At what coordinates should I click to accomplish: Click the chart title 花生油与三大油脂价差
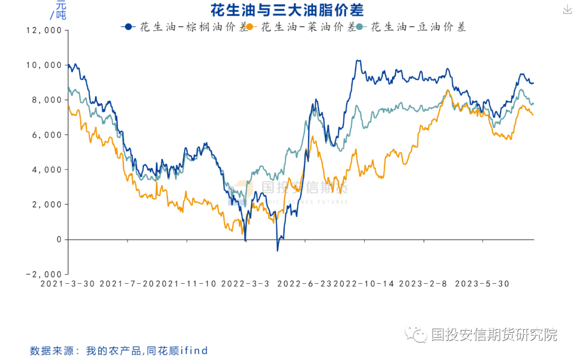[x=287, y=10]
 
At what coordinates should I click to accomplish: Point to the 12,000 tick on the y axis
[x=44, y=30]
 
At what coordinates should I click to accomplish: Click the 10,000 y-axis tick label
[x=44, y=65]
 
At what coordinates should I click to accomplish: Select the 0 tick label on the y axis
[x=59, y=239]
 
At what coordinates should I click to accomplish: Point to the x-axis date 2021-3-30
[x=68, y=284]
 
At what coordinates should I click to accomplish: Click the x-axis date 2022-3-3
[x=245, y=284]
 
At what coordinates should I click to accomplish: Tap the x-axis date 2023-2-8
[x=423, y=284]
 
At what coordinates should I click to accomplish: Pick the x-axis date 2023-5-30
[x=482, y=284]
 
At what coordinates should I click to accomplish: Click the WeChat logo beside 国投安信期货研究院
[x=416, y=335]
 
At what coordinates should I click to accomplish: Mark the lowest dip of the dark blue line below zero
[x=277, y=250]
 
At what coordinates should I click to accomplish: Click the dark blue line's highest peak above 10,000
[x=358, y=60]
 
